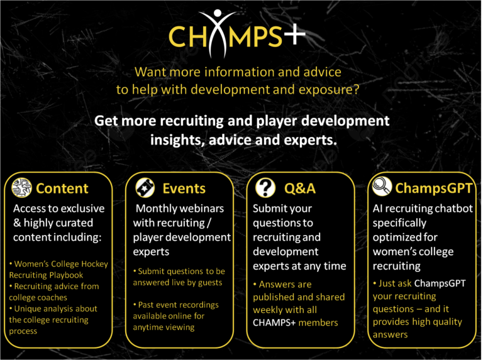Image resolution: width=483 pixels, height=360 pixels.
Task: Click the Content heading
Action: click(x=62, y=188)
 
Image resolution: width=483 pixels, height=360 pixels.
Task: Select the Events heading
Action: click(x=184, y=188)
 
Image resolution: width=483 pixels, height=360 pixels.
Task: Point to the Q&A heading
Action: click(x=300, y=188)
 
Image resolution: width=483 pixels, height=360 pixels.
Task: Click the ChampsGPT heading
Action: click(x=433, y=188)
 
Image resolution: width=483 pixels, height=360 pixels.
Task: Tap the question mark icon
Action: click(x=265, y=188)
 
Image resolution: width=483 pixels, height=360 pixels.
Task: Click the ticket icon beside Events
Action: click(x=145, y=188)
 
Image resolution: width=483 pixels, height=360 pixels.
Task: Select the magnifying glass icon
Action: click(x=382, y=187)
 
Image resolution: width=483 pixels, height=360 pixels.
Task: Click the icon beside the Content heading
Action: click(x=21, y=188)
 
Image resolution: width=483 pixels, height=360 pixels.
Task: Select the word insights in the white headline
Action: click(x=177, y=140)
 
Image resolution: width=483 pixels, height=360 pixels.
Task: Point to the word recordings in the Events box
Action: click(x=199, y=305)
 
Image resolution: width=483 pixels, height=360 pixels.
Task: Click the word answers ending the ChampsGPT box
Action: click(x=391, y=335)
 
